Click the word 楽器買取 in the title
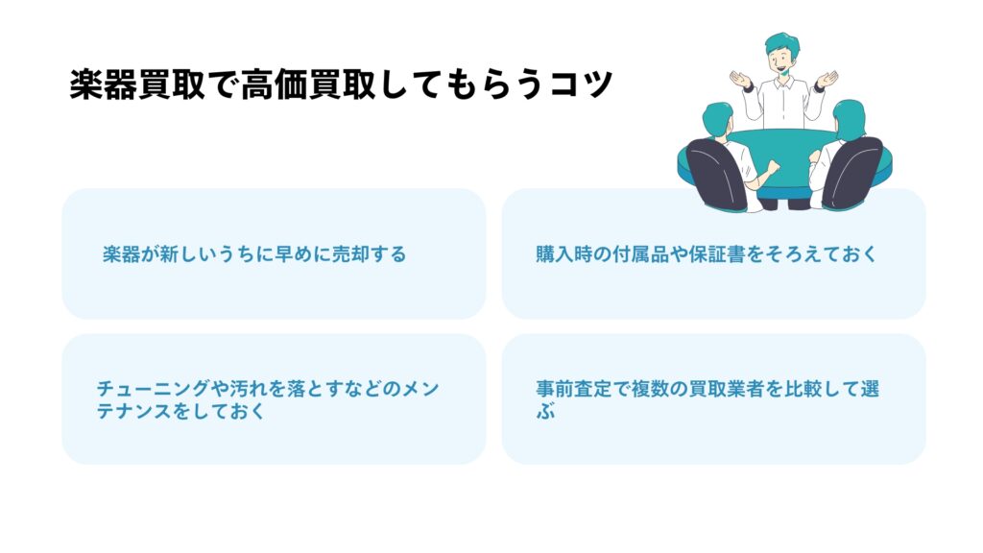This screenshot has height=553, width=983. (x=136, y=84)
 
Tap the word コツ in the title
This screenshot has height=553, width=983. (x=581, y=84)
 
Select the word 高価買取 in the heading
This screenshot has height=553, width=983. (x=307, y=84)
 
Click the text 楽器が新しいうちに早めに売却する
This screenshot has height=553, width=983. (x=254, y=253)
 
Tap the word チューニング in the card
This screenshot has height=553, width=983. (x=153, y=389)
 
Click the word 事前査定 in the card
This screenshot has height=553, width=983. (x=574, y=389)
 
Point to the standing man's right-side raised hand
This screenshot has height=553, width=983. (x=827, y=79)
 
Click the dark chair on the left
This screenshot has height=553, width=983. (x=716, y=175)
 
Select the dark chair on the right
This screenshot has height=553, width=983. (x=851, y=174)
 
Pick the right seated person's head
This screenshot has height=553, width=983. (x=850, y=118)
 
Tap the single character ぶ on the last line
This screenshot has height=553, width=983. (x=545, y=411)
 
